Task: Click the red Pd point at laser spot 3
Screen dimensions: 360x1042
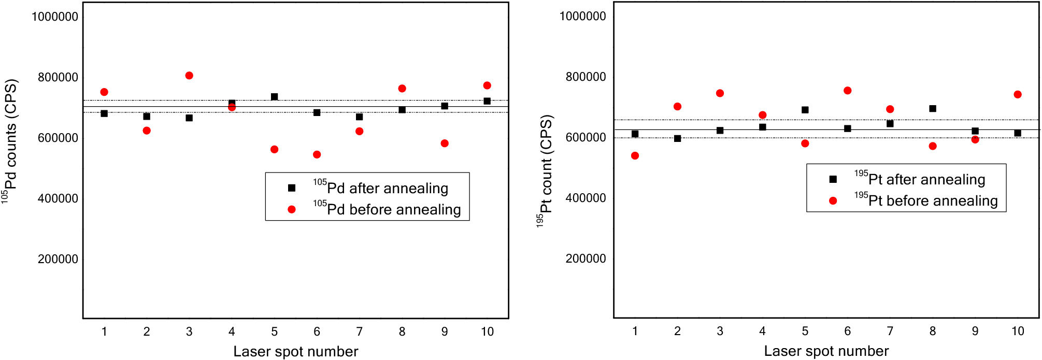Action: click(189, 76)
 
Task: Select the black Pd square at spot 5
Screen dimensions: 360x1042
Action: click(275, 97)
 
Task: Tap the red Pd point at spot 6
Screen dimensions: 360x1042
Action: click(317, 154)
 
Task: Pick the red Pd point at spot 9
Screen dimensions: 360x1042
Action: click(445, 143)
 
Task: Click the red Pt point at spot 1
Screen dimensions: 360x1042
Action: click(635, 156)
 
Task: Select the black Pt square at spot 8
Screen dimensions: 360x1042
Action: click(933, 109)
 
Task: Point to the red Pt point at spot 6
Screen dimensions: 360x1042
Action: click(848, 91)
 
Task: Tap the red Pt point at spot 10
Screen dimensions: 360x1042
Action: click(1018, 95)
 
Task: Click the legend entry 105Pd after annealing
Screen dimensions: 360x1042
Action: click(380, 188)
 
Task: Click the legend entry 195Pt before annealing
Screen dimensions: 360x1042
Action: click(926, 200)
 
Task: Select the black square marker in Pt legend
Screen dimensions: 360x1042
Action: click(833, 179)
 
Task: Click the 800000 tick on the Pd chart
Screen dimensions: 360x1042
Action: click(58, 77)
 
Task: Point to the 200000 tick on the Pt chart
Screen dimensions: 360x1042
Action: click(586, 258)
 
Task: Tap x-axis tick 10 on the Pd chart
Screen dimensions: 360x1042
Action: click(487, 332)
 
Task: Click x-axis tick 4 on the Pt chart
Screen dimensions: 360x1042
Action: click(762, 331)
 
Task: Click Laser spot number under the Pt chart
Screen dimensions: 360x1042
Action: click(826, 351)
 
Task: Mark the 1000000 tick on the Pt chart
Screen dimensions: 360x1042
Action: click(582, 16)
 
